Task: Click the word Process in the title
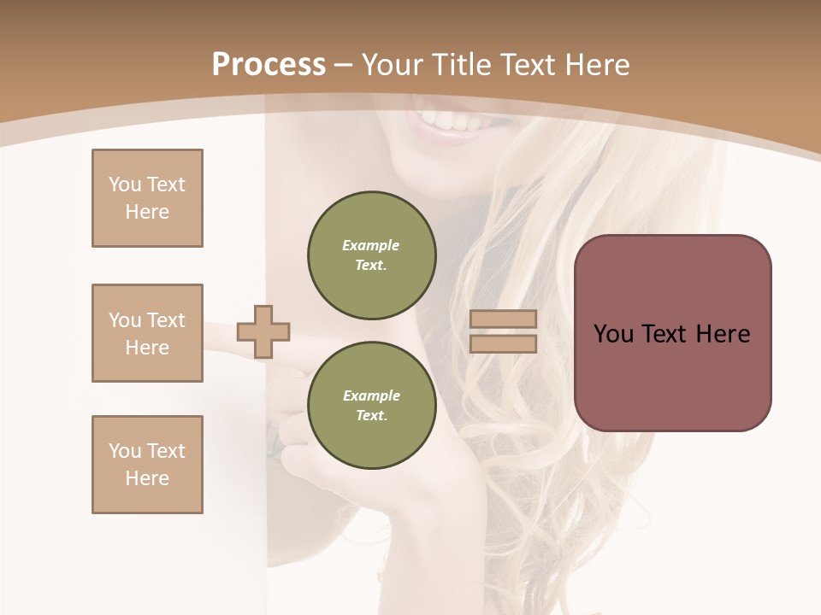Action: pos(269,64)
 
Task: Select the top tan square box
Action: pos(147,198)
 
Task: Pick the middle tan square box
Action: pos(147,333)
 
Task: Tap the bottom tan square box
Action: pos(147,465)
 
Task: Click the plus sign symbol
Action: pos(263,331)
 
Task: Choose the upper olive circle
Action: pos(372,255)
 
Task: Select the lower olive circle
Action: pos(372,405)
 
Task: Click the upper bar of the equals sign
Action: pos(503,319)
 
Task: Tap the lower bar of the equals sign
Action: pos(503,343)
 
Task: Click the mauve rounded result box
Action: pos(672,332)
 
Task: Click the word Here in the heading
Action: pos(597,64)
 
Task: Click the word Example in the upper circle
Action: pos(371,245)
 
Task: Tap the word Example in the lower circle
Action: pos(371,395)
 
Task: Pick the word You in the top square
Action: pos(125,184)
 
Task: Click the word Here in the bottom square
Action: pos(147,478)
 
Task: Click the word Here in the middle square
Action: pos(147,348)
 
